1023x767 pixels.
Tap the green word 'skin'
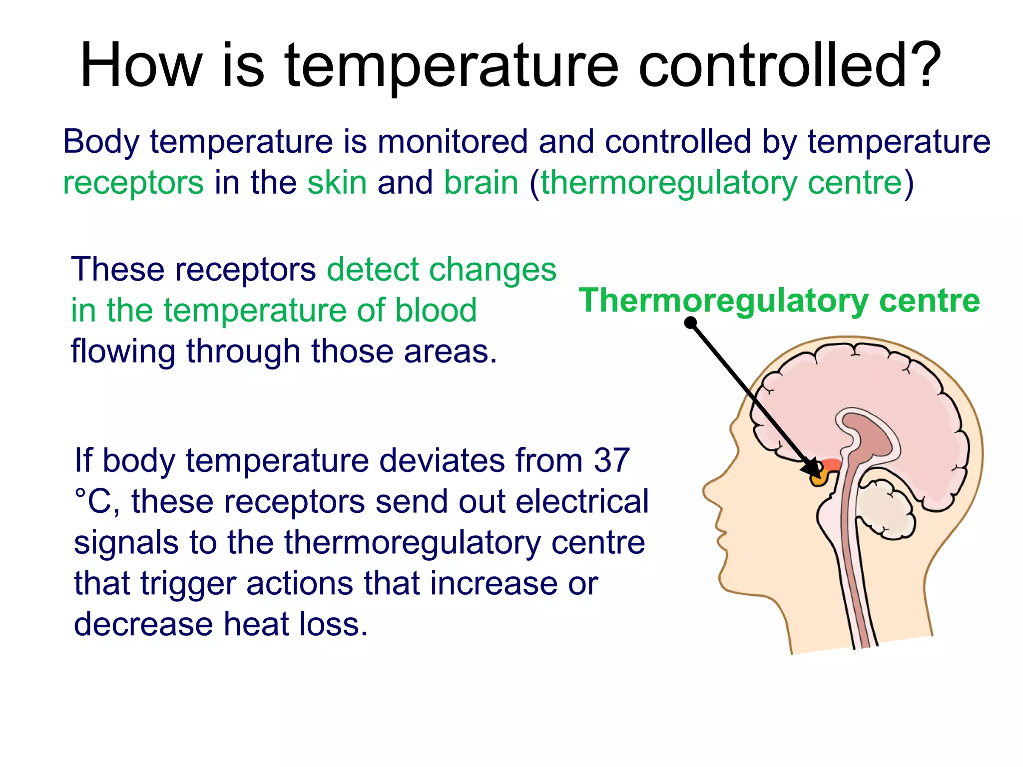[337, 182]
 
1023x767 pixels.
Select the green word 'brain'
[481, 182]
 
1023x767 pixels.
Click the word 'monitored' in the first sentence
[452, 141]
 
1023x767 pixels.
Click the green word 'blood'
[436, 310]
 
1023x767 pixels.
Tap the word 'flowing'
[123, 352]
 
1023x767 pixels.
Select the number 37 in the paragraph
[611, 460]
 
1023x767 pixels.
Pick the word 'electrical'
[582, 501]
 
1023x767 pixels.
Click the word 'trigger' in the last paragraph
[188, 583]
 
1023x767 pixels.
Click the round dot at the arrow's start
[690, 323]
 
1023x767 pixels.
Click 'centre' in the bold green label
[929, 301]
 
